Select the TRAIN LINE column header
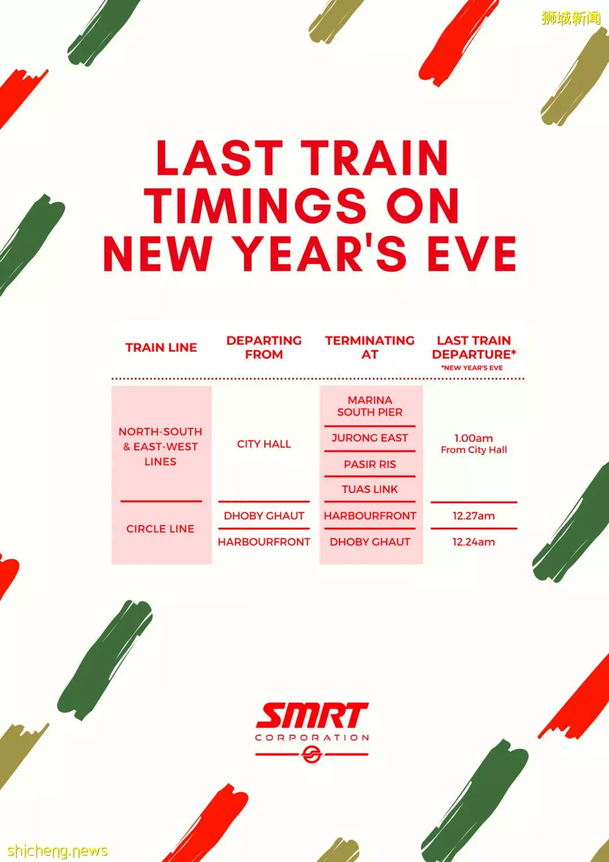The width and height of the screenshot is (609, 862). [161, 347]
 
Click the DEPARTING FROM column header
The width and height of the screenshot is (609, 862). [264, 347]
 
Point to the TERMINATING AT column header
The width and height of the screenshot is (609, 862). [370, 347]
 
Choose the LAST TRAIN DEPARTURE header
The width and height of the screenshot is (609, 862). [474, 347]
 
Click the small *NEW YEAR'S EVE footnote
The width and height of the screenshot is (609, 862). [472, 368]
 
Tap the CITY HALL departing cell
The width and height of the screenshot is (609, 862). [264, 444]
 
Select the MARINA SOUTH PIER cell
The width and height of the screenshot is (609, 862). [370, 406]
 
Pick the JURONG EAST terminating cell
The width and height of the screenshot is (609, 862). [369, 438]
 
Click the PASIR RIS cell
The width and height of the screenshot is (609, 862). [370, 465]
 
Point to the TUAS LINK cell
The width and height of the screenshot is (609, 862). [370, 489]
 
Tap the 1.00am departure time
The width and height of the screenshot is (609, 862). [474, 438]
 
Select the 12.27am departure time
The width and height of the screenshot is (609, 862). [474, 516]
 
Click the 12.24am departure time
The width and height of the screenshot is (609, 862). [474, 542]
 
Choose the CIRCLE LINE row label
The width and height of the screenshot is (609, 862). [160, 529]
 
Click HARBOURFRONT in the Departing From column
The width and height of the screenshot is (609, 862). [264, 542]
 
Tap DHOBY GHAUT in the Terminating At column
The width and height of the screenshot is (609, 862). [370, 542]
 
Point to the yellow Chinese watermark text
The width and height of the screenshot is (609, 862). [571, 17]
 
